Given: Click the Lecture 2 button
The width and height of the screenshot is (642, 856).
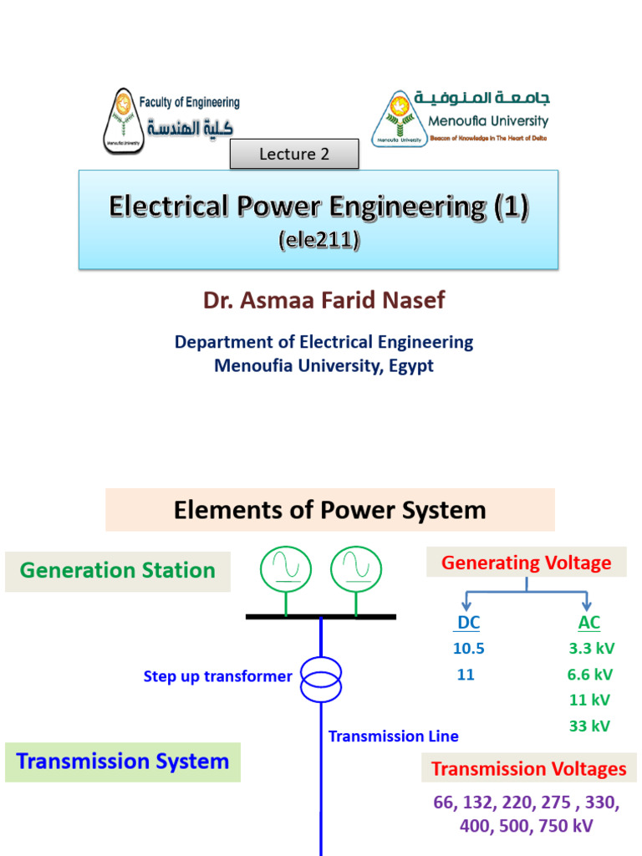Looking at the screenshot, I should (294, 154).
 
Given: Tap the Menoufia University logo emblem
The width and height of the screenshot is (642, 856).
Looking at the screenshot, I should (397, 118).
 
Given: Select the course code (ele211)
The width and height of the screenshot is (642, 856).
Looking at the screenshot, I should (318, 241).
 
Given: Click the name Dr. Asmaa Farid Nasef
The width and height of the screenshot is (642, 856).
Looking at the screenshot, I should (324, 300).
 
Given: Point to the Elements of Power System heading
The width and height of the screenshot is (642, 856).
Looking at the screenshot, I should (329, 510).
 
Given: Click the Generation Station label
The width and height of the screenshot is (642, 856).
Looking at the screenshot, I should (118, 571).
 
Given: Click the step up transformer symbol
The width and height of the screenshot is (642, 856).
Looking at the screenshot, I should (321, 678).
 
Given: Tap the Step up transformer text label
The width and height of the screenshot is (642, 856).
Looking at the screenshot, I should (217, 676).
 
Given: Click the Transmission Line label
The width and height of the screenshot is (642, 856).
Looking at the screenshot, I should (393, 736).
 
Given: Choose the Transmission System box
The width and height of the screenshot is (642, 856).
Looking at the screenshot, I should (123, 762).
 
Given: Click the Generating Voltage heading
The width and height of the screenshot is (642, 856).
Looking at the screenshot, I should (526, 563).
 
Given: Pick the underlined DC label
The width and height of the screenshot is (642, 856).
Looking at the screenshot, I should (468, 623).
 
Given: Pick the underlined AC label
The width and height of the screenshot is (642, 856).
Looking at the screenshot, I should (588, 623).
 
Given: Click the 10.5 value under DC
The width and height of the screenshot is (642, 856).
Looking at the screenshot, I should (468, 649).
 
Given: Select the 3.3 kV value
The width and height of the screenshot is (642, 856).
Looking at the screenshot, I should (589, 649).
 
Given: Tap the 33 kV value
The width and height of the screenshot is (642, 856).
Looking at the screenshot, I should (589, 726).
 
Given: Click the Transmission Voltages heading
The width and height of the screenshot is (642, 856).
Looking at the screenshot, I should (528, 769).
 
